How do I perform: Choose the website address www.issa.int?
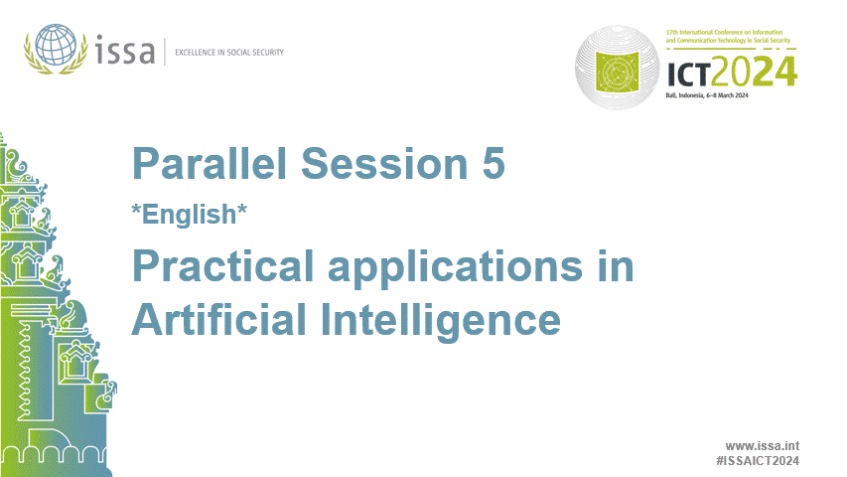763,446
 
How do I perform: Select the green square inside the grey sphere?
628,71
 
